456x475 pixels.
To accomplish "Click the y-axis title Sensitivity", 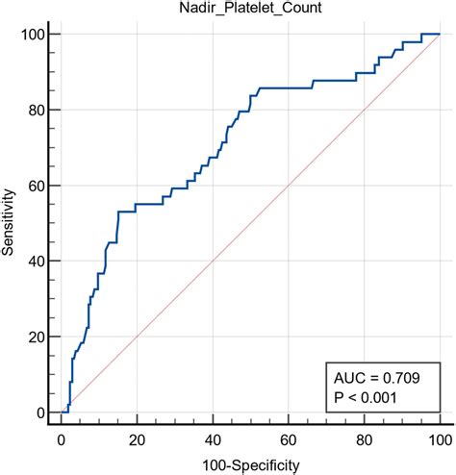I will point(11,224).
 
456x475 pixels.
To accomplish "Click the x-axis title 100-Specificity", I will point(250,465).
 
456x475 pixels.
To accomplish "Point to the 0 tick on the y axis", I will point(41,412).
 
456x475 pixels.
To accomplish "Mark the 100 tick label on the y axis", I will point(35,35).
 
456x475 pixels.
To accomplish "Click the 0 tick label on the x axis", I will point(62,440).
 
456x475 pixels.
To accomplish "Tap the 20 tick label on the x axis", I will point(138,440).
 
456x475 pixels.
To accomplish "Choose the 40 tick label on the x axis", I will point(213,440).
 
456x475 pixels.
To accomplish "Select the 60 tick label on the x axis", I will point(289,440).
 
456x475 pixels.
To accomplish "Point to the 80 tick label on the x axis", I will point(364,440).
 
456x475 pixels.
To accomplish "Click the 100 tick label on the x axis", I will point(439,440).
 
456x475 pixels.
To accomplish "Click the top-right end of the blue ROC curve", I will point(440,35).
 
